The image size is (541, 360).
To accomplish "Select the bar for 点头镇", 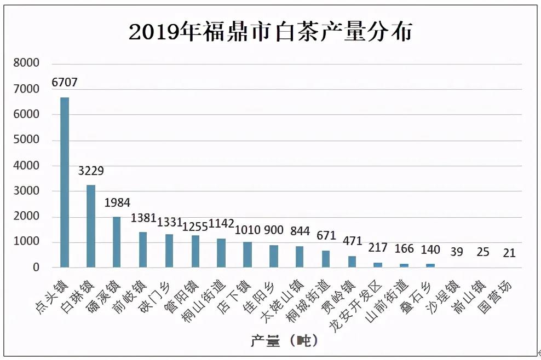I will coord(65,183).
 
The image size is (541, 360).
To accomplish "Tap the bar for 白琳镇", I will coord(91,227).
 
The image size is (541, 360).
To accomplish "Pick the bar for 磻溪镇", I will coord(117,242).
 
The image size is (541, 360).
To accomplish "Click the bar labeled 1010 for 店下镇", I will coord(248,255).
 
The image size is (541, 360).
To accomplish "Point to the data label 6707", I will coord(65,83).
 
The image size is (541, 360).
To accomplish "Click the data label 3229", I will coord(91,171).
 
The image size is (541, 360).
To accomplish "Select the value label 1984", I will coord(117,203).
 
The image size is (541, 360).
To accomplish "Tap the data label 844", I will coord(300,230).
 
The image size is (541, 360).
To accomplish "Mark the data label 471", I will coord(352,240).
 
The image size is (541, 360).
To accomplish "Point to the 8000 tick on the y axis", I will coord(27,63).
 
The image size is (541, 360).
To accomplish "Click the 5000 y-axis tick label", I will coord(27,140).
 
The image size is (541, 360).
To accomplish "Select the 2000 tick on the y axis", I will coord(27,217).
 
